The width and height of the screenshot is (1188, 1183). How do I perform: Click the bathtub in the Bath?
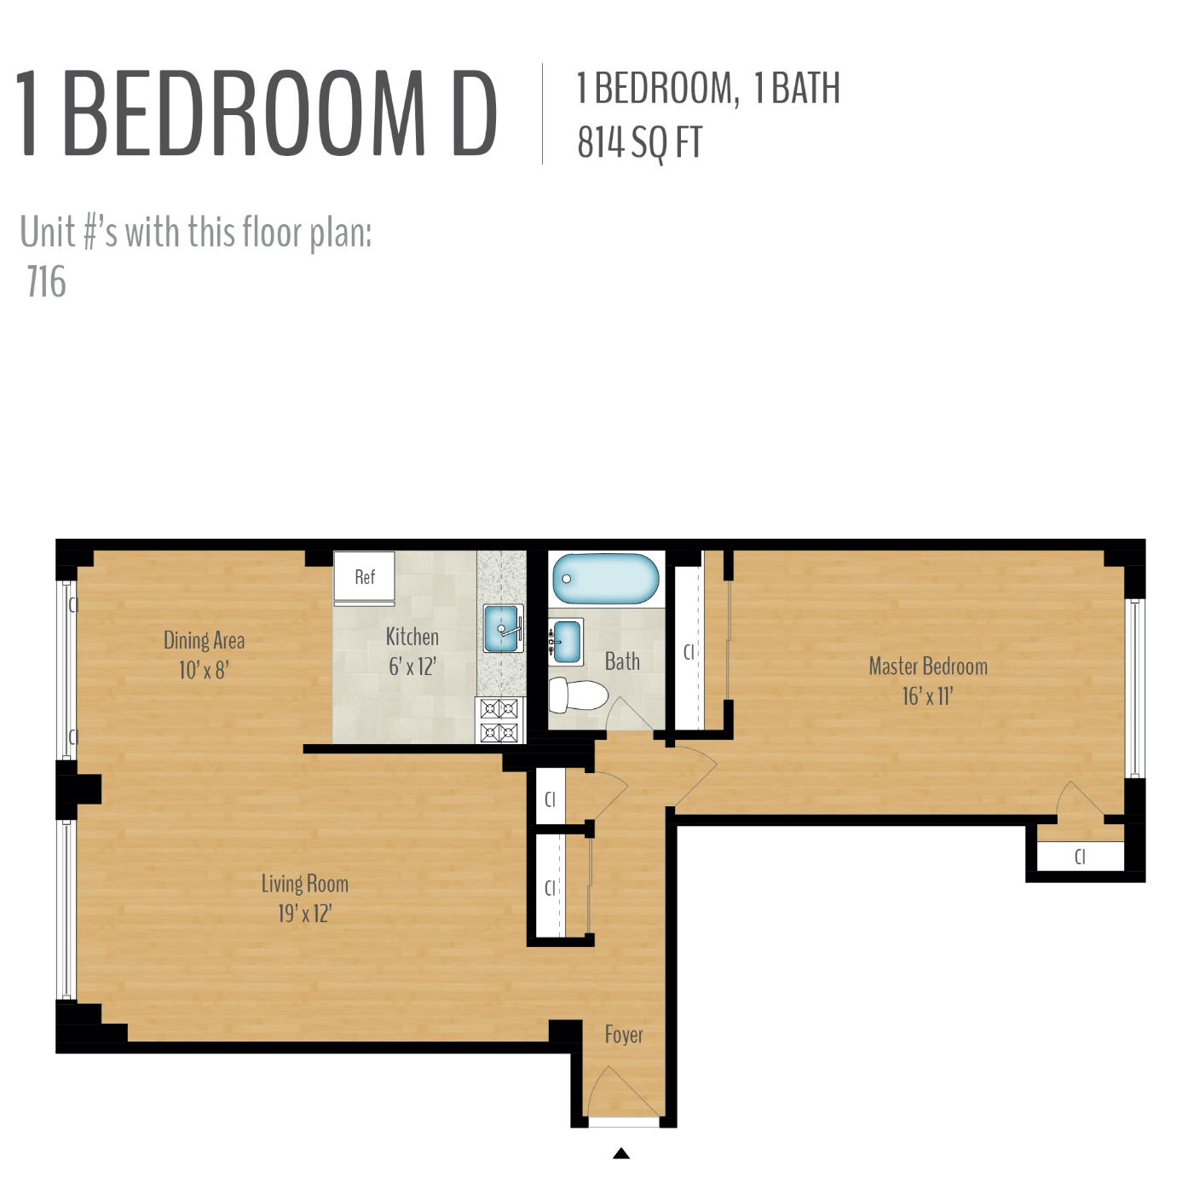tap(605, 578)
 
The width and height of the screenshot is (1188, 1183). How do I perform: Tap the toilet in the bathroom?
tap(578, 695)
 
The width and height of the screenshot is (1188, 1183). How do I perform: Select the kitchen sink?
tap(503, 628)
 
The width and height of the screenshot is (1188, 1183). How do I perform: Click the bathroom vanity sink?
tap(566, 642)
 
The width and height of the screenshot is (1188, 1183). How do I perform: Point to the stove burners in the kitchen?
tap(499, 720)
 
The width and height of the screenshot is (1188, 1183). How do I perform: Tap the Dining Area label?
tap(204, 640)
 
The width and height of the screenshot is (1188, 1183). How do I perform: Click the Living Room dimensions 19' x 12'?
tap(305, 914)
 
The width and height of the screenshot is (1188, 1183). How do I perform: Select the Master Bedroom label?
tap(928, 667)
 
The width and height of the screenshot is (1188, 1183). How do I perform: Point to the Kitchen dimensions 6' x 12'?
tap(412, 667)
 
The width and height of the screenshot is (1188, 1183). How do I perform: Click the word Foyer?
tap(624, 1035)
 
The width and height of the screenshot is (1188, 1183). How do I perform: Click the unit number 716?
tap(46, 282)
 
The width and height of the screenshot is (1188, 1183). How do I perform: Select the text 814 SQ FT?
tap(640, 143)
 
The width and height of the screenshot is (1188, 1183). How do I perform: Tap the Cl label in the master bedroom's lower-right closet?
tap(1080, 857)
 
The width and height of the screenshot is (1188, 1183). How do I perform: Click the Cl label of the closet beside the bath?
tap(689, 652)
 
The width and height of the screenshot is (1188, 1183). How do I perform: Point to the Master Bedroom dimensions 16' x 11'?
tap(928, 696)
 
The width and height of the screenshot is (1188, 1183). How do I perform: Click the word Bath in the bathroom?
tap(622, 661)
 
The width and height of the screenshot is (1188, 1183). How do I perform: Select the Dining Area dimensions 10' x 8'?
tap(204, 670)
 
